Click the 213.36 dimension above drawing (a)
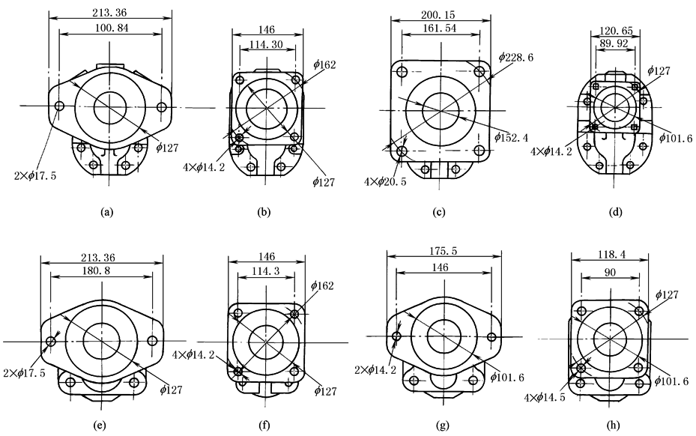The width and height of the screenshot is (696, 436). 109,10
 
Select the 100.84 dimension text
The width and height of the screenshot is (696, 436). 109,28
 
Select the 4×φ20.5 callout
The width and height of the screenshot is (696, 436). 384,182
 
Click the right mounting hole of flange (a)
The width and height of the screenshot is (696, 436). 161,106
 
